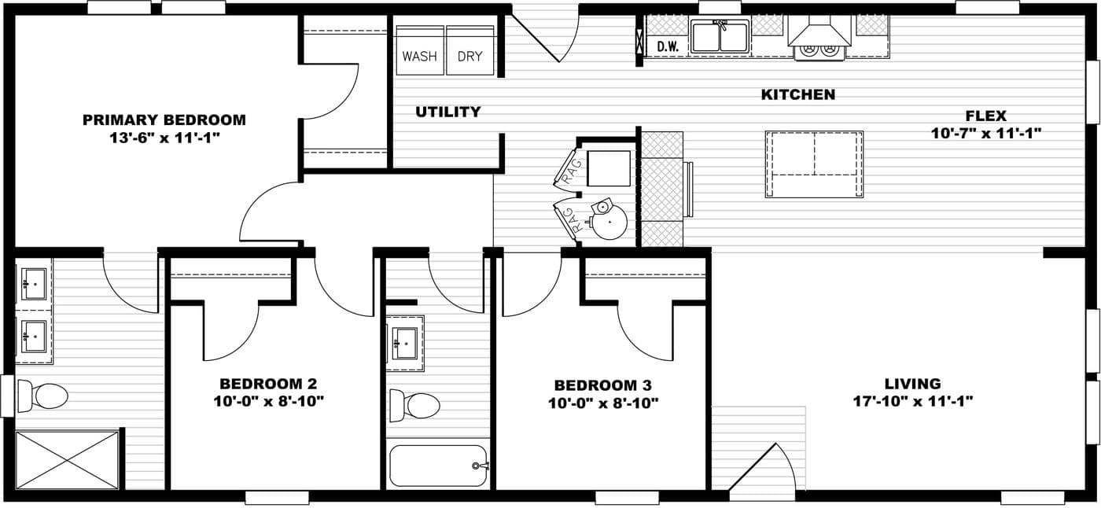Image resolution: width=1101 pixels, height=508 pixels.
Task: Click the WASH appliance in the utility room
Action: (420, 50)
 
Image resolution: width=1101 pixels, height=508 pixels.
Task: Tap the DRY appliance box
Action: (470, 50)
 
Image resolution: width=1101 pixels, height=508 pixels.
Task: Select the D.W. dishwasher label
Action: (668, 46)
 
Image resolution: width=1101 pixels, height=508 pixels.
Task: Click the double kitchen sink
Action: (720, 36)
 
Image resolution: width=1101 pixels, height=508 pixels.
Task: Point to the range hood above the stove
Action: (819, 31)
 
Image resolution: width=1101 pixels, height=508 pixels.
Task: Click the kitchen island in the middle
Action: (814, 164)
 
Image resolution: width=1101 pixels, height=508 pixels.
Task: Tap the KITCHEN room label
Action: (798, 94)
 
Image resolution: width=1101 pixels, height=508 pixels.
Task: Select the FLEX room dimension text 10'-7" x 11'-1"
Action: (986, 133)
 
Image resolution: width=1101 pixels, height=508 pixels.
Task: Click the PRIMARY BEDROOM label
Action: (164, 120)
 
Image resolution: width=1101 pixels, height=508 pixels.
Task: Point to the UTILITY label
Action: (448, 112)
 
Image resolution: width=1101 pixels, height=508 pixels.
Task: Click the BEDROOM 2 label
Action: (268, 383)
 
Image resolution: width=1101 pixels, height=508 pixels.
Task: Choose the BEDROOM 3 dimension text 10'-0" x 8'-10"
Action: (603, 403)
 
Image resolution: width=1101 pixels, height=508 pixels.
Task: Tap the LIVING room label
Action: (913, 383)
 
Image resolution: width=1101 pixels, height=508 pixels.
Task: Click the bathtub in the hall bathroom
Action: (439, 466)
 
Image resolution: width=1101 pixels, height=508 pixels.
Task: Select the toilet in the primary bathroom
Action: (42, 396)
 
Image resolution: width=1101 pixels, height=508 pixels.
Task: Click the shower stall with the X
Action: (68, 460)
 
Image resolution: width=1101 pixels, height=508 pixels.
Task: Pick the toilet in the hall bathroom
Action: (414, 405)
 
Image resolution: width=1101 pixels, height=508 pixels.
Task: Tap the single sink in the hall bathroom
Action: (405, 344)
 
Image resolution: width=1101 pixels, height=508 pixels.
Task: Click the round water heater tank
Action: (609, 222)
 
